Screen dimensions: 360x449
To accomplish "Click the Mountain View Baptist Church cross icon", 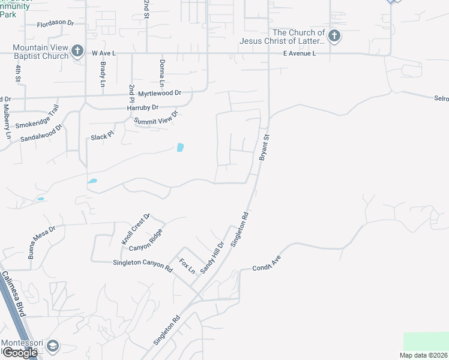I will (77, 51).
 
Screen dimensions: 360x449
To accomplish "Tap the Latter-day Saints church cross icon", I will (334, 37).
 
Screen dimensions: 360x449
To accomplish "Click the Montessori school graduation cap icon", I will (53, 346).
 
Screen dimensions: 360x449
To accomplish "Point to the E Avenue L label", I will (300, 53).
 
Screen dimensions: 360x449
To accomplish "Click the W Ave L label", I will (103, 53).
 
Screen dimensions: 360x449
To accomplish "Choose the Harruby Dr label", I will (142, 107).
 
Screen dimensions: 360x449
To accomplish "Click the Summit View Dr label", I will (156, 118).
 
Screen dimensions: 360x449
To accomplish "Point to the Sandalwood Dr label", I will (41, 133).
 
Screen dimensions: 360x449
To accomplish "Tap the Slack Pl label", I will (102, 137).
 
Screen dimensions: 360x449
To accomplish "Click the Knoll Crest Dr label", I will (135, 229).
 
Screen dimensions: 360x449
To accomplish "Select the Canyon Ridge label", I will (145, 241).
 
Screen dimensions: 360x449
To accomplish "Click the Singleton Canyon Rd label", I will (143, 265).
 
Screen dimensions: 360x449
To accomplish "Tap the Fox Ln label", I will (188, 266).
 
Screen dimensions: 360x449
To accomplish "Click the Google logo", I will (19, 353).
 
